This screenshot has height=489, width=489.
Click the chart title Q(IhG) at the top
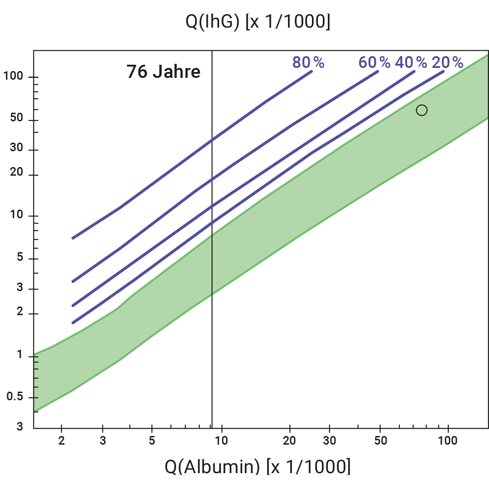click(258, 22)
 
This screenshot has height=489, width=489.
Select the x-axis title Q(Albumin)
click(257, 466)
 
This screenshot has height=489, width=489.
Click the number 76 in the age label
click(136, 72)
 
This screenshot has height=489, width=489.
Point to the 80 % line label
click(308, 62)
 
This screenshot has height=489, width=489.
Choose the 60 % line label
click(374, 62)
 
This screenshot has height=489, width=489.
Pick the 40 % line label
click(411, 62)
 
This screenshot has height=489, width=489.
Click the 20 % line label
click(447, 62)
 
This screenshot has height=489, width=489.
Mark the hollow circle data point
click(422, 110)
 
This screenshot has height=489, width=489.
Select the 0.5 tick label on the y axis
click(15, 397)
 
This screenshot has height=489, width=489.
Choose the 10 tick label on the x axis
click(222, 441)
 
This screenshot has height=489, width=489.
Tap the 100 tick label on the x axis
click(448, 441)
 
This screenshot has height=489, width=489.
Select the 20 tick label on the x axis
click(290, 441)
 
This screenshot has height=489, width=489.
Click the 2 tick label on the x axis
click(62, 441)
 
